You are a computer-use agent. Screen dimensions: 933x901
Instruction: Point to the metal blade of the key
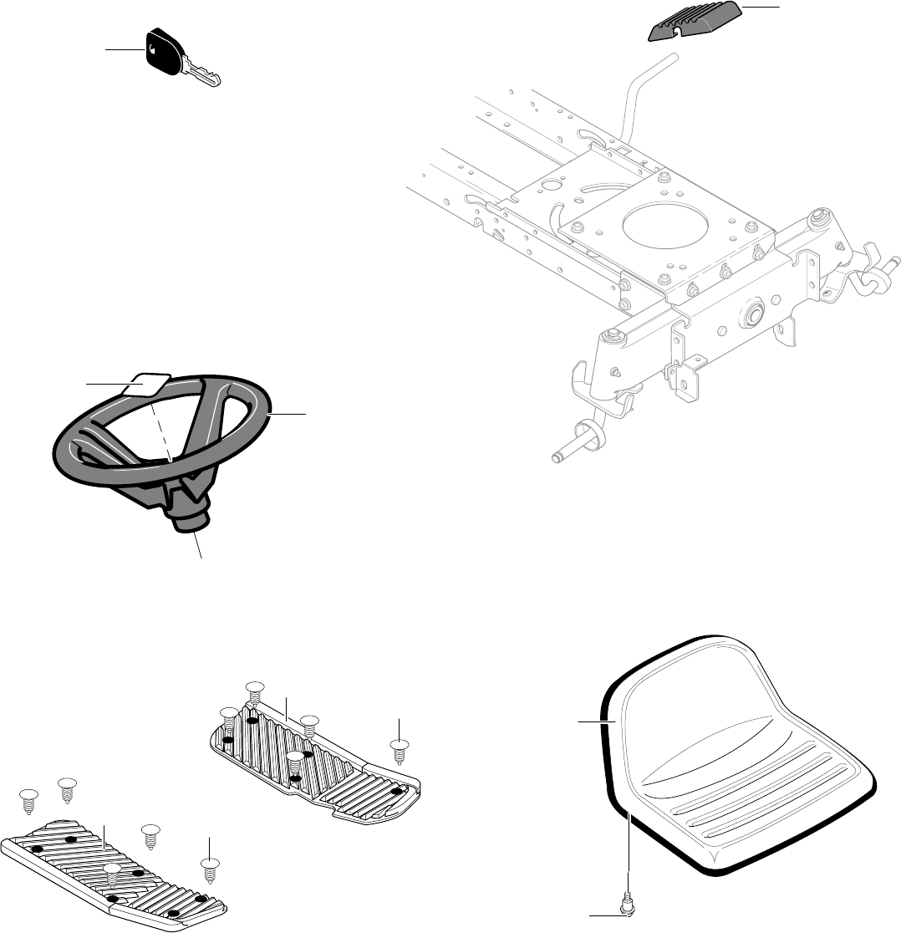click(205, 76)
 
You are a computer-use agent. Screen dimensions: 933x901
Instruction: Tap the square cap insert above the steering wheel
click(146, 383)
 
